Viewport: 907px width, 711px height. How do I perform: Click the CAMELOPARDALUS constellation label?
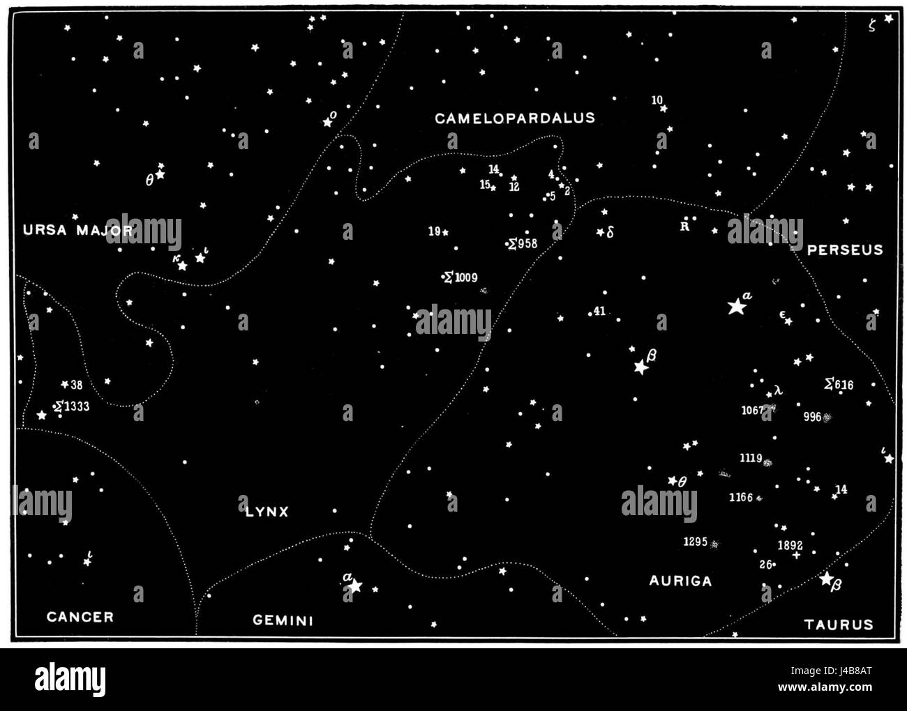(x=515, y=118)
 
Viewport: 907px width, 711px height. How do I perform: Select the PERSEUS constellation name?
(x=845, y=250)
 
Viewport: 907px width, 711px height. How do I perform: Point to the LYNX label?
(x=267, y=512)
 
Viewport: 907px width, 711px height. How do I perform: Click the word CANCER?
(x=80, y=616)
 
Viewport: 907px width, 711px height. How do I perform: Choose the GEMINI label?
(x=283, y=620)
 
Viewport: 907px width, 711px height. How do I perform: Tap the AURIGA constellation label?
(x=680, y=581)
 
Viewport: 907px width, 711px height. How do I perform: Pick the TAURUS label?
(x=839, y=625)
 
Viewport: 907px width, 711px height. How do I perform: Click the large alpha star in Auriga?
(x=735, y=306)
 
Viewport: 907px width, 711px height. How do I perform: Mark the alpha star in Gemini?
(x=354, y=586)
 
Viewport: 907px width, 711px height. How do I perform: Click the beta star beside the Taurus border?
(x=826, y=579)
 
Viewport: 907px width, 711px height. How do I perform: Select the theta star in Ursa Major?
(x=160, y=174)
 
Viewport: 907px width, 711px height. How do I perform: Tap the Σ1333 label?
(x=73, y=406)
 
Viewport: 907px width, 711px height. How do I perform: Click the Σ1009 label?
(x=461, y=277)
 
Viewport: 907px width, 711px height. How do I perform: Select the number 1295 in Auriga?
(x=695, y=542)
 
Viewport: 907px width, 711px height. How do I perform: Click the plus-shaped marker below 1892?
(x=796, y=556)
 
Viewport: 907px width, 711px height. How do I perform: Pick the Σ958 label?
(x=524, y=243)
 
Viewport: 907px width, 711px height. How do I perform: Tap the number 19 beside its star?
(x=434, y=231)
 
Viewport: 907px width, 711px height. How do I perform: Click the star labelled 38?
(x=64, y=384)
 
